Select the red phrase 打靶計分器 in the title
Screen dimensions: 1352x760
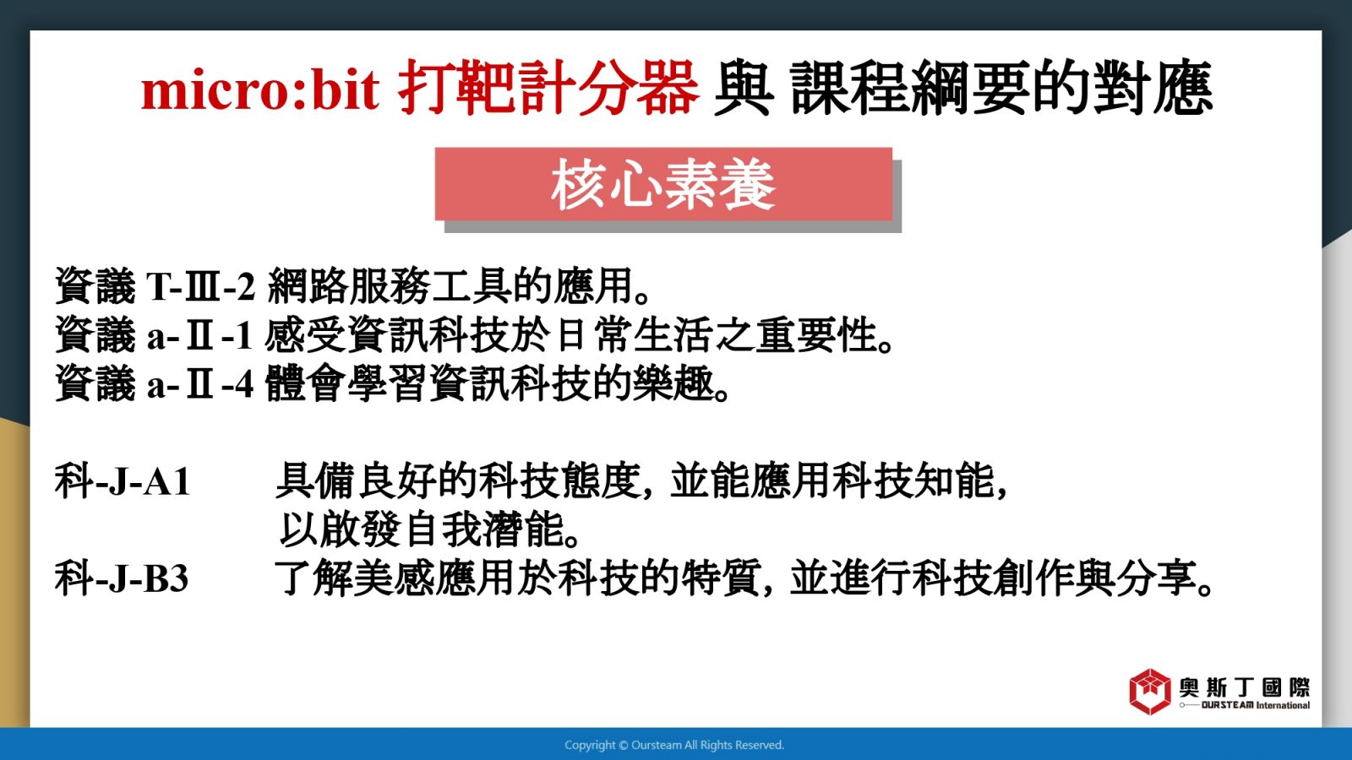pyautogui.click(x=548, y=88)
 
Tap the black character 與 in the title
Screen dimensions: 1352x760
pyautogui.click(x=744, y=88)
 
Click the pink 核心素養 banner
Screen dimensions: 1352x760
pyautogui.click(x=663, y=184)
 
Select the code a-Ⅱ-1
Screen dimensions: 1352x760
pyautogui.click(x=199, y=335)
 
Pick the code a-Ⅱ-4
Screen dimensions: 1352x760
pyautogui.click(x=200, y=384)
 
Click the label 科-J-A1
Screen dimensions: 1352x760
pyautogui.click(x=123, y=481)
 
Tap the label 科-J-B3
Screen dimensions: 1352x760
pyautogui.click(x=122, y=578)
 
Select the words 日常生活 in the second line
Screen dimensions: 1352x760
pyautogui.click(x=635, y=335)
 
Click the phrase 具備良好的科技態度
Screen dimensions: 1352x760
pyautogui.click(x=458, y=481)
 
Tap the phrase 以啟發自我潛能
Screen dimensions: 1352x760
pyautogui.click(x=422, y=530)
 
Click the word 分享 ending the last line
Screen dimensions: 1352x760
pyautogui.click(x=1157, y=578)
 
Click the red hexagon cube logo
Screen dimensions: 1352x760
pyautogui.click(x=1150, y=692)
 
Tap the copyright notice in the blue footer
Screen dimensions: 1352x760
pyautogui.click(x=674, y=746)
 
